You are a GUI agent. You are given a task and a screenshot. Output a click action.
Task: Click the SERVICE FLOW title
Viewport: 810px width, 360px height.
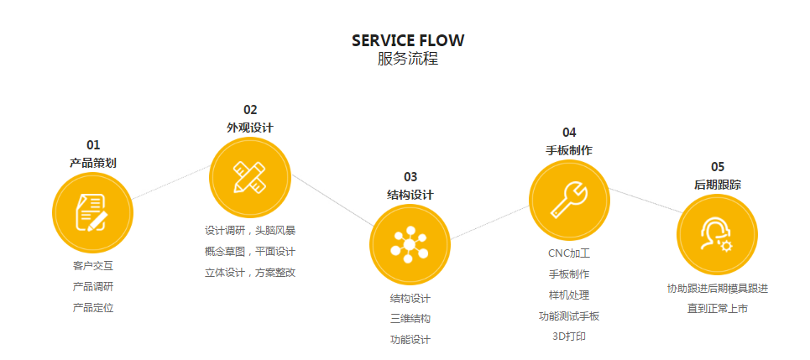pyautogui.click(x=407, y=40)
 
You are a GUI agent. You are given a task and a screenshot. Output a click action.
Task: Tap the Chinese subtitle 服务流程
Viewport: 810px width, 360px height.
pyautogui.click(x=407, y=60)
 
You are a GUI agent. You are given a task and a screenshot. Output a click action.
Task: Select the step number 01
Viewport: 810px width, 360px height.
pyautogui.click(x=93, y=144)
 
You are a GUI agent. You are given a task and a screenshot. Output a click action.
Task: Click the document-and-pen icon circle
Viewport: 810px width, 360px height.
pyautogui.click(x=92, y=211)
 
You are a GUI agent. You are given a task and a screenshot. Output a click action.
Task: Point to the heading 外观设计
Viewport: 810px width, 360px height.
pyautogui.click(x=249, y=128)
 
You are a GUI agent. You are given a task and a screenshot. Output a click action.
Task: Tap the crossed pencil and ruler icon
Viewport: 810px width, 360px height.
pyautogui.click(x=249, y=177)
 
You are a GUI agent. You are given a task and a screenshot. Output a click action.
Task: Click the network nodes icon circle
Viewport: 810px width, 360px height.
pyautogui.click(x=410, y=244)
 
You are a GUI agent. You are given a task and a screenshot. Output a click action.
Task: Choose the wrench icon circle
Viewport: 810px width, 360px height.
pyautogui.click(x=569, y=199)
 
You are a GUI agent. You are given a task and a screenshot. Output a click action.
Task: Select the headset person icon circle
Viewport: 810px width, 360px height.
pyautogui.click(x=717, y=234)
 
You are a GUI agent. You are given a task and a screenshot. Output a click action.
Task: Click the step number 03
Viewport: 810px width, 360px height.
pyautogui.click(x=410, y=176)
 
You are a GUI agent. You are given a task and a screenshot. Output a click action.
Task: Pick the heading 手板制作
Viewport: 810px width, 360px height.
pyautogui.click(x=569, y=150)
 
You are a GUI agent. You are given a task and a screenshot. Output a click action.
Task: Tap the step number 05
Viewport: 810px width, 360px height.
pyautogui.click(x=717, y=166)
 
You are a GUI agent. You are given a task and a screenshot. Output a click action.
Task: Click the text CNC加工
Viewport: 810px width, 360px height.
pyautogui.click(x=569, y=253)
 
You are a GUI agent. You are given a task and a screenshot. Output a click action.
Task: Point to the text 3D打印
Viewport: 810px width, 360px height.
pyautogui.click(x=569, y=337)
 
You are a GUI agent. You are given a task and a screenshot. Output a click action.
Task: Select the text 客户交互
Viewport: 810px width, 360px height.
pyautogui.click(x=93, y=266)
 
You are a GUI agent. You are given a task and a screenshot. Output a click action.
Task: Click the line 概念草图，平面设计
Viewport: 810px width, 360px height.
pyautogui.click(x=250, y=251)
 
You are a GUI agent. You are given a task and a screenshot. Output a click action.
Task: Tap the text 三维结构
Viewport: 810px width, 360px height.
pyautogui.click(x=410, y=319)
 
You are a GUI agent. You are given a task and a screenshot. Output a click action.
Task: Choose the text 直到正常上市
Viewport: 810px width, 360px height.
pyautogui.click(x=717, y=308)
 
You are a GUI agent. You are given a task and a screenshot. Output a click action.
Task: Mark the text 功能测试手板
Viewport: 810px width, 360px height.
pyautogui.click(x=569, y=316)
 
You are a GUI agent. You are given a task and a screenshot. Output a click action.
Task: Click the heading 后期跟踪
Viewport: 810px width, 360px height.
pyautogui.click(x=717, y=185)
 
